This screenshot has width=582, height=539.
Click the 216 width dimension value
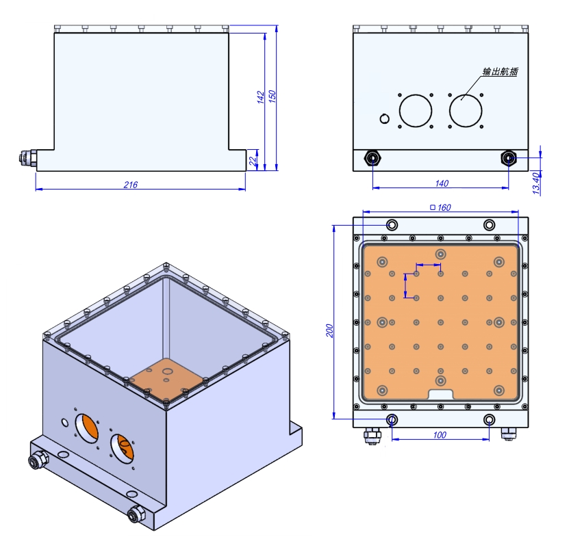pos(131,185)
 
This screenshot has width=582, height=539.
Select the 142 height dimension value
pos(261,97)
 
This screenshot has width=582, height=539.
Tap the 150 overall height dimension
pos(272,96)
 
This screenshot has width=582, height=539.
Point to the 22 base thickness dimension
pos(253,161)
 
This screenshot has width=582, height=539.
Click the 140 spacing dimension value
pos(442,183)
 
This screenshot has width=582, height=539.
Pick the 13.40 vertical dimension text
pos(536,183)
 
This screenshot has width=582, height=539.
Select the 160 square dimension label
pos(440,207)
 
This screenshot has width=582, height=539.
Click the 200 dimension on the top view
pos(329,330)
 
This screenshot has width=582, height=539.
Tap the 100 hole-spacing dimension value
pos(440,435)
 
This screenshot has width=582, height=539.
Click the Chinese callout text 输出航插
pos(500,72)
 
